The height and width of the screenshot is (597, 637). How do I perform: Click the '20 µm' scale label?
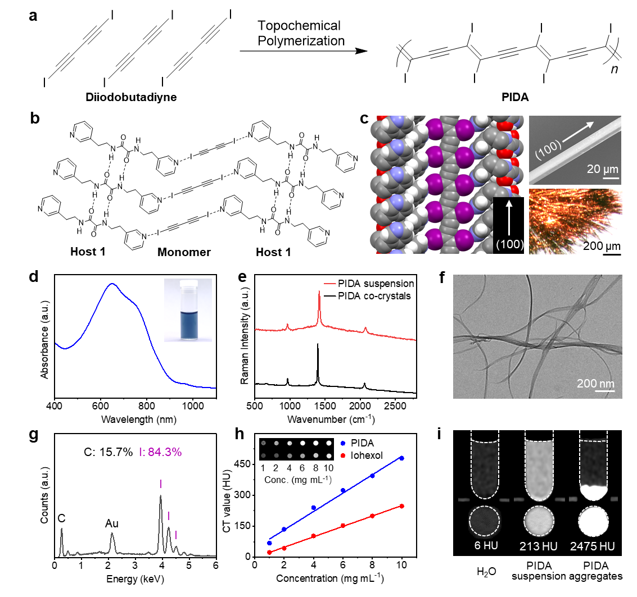602,169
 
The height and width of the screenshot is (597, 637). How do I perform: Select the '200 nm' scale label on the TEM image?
595,384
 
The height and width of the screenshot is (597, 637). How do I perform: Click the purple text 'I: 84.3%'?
160,452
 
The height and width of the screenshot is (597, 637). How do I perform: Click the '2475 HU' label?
593,546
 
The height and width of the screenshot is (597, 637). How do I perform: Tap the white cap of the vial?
188,284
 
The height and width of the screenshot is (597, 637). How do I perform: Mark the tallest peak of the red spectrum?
319,292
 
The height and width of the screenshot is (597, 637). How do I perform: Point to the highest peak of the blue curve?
113,284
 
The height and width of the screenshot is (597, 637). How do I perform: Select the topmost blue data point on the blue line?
402,458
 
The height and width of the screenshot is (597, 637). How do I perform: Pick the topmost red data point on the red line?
402,506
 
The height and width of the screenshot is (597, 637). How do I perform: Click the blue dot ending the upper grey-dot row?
343,443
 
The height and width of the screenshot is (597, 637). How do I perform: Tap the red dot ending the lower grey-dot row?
343,455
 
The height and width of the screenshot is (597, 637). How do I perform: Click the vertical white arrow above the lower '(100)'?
509,219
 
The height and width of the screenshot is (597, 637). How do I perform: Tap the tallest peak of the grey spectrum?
161,496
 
